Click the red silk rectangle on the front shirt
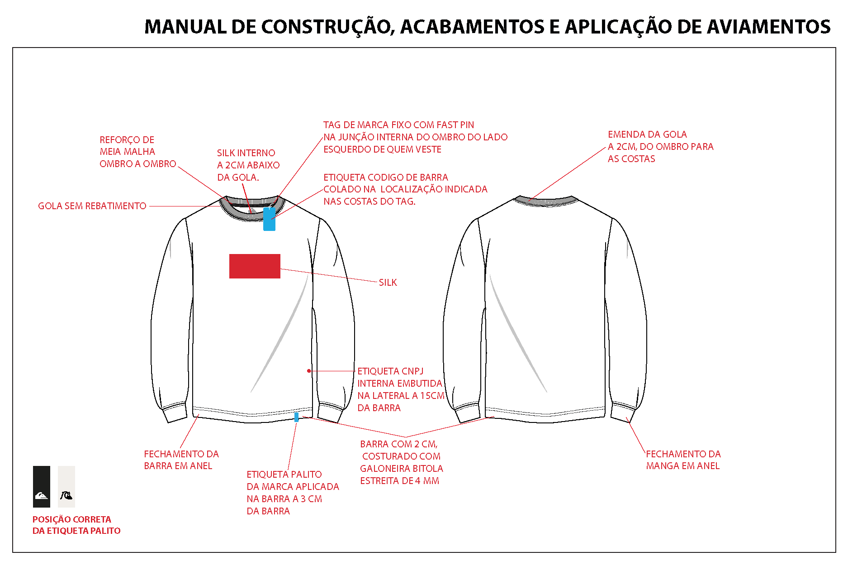[x=255, y=266]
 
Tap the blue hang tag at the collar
[x=270, y=219]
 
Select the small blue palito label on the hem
[x=297, y=417]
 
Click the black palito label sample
[x=42, y=487]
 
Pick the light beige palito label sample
[x=66, y=487]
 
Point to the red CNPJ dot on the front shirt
[x=309, y=371]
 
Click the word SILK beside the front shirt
[x=388, y=283]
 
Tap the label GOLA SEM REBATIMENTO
[x=92, y=206]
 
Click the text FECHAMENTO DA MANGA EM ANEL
[x=683, y=460]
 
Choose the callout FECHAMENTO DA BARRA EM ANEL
[x=181, y=460]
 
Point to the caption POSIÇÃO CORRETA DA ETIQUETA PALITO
[x=76, y=525]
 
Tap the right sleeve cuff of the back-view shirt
[x=623, y=412]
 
